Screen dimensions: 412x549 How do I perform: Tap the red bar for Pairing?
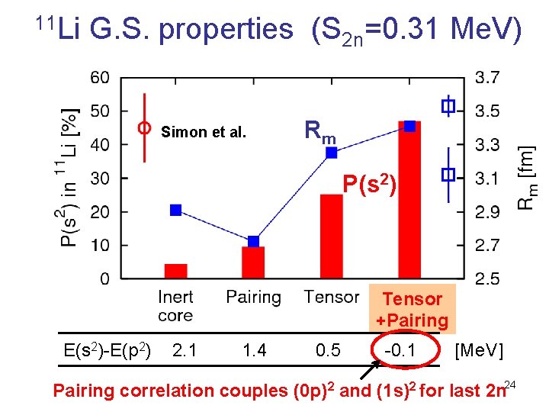(x=253, y=262)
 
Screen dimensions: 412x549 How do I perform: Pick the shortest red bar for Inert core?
(x=176, y=271)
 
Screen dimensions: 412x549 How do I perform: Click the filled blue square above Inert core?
(x=176, y=210)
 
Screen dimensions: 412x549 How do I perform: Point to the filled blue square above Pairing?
(x=253, y=241)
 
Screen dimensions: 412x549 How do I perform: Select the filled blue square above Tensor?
(x=332, y=153)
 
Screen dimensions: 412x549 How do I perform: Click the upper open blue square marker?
(x=448, y=106)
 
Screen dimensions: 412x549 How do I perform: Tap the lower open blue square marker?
(x=448, y=175)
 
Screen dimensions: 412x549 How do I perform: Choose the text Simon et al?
(x=204, y=132)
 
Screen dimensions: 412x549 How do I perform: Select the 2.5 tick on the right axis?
(x=488, y=278)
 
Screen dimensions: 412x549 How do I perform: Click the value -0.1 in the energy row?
(x=401, y=350)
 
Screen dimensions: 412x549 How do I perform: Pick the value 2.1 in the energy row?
(x=184, y=350)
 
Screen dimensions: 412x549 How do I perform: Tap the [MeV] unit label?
(x=478, y=350)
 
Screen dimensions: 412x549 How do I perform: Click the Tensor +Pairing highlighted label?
(x=412, y=310)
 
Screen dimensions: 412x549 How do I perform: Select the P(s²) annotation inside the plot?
(x=369, y=184)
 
